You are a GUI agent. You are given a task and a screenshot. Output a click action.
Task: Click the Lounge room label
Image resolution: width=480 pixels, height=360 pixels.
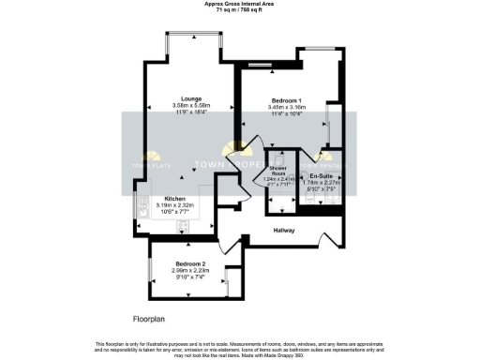coord(192,97)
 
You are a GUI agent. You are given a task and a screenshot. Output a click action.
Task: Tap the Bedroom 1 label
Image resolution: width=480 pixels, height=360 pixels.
coord(286,100)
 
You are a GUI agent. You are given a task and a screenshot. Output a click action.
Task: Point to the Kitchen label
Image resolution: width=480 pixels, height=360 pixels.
coord(174,199)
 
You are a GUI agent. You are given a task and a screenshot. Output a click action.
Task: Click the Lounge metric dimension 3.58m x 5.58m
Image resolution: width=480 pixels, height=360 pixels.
coord(192,104)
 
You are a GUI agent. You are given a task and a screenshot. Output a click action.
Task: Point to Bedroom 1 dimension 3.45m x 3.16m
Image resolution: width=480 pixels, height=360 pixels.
coord(286,108)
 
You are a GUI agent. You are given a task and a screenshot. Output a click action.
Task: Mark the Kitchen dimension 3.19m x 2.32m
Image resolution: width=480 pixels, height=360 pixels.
coord(174,206)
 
